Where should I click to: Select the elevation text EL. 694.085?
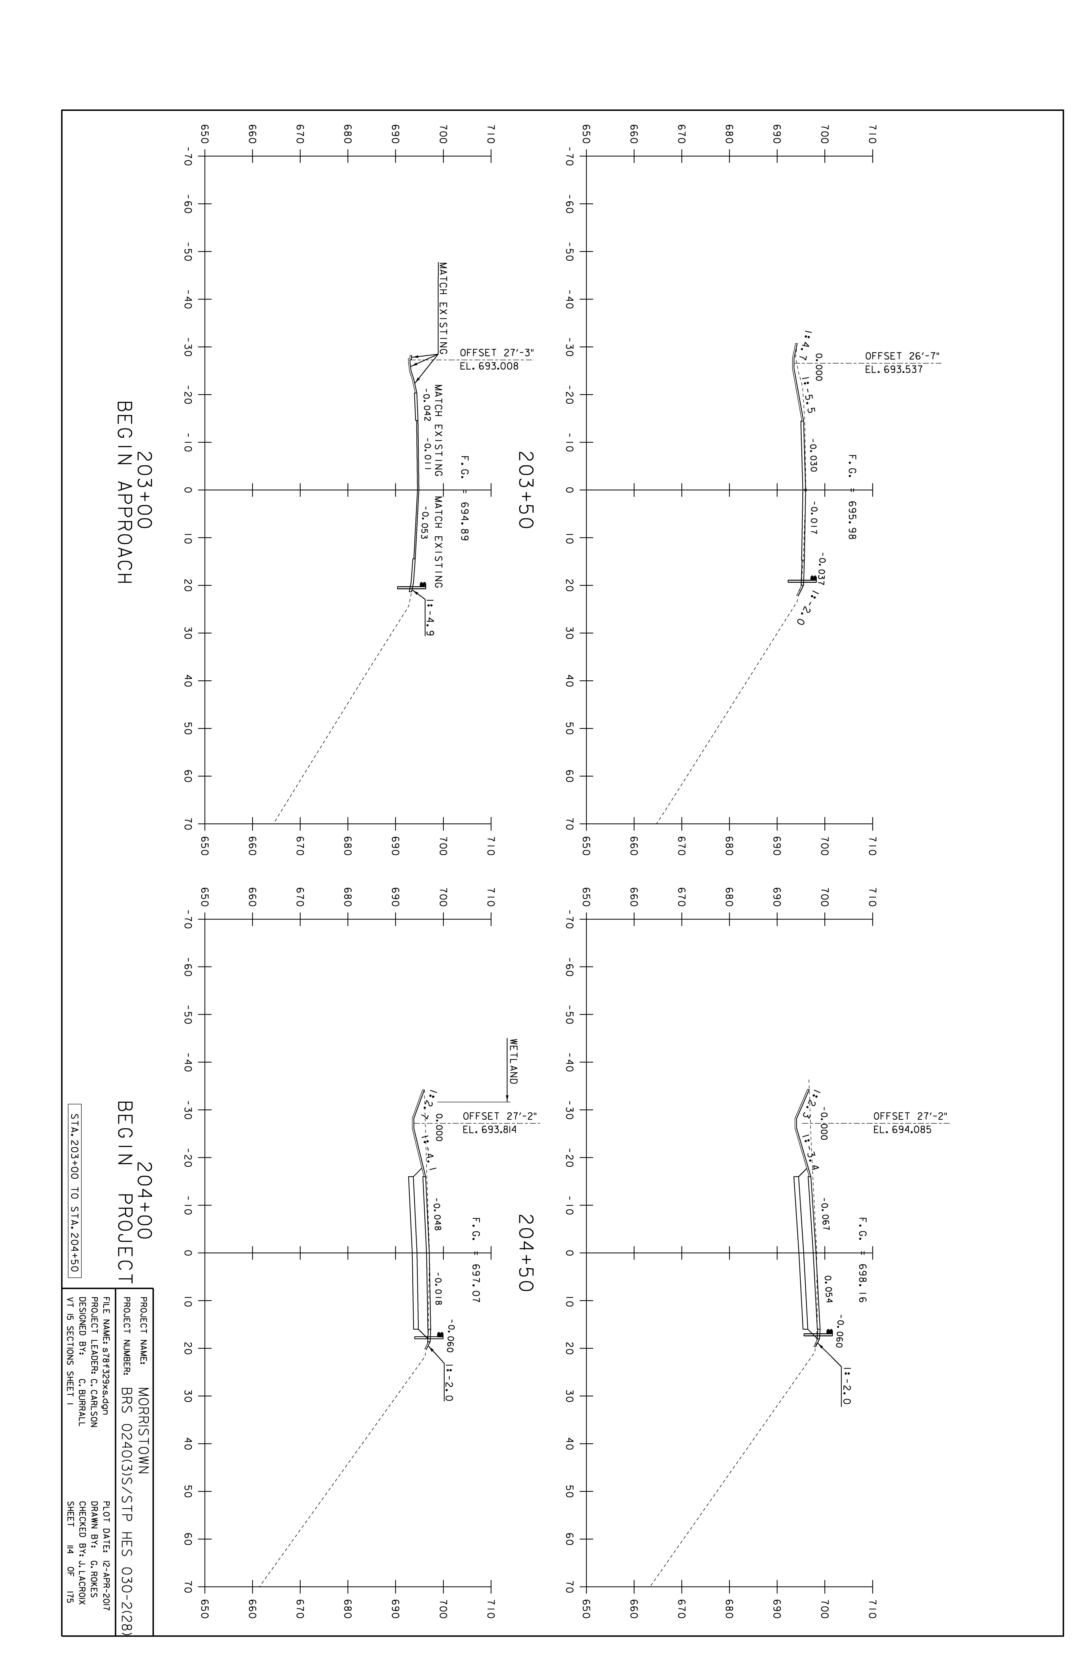tap(902, 1130)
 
